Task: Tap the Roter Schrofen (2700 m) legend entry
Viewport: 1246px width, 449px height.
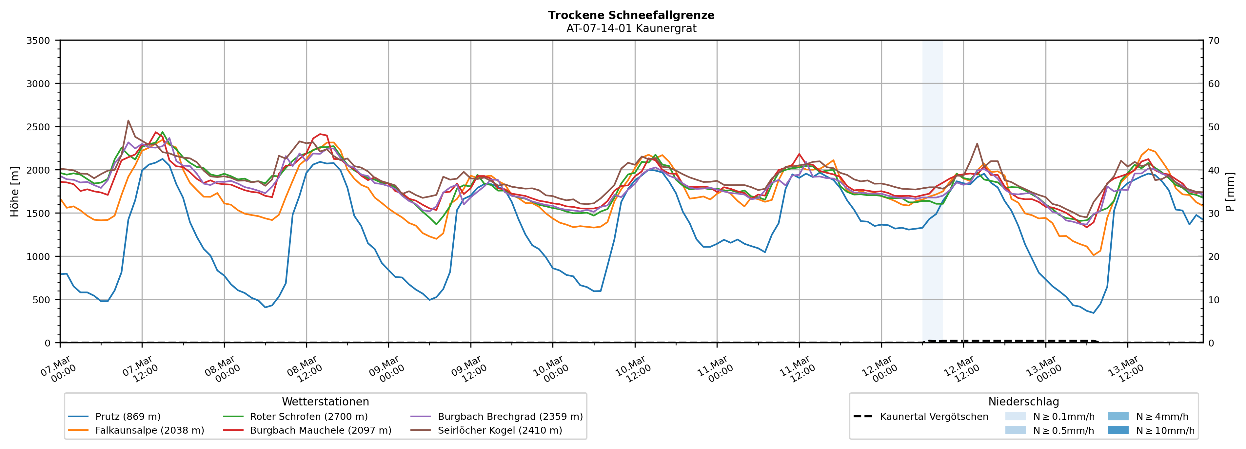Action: pyautogui.click(x=308, y=417)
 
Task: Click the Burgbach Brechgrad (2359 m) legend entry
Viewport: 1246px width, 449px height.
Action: pyautogui.click(x=510, y=417)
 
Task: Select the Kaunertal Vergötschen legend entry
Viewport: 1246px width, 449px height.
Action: pyautogui.click(x=934, y=417)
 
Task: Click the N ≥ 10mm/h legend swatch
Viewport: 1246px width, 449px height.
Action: pyautogui.click(x=1118, y=430)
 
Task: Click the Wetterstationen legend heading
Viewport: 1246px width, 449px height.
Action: pyautogui.click(x=325, y=402)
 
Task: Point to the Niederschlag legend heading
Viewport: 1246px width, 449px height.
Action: pyautogui.click(x=1023, y=402)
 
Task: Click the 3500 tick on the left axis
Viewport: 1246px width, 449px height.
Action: pyautogui.click(x=38, y=41)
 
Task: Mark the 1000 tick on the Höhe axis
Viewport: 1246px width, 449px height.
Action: pyautogui.click(x=38, y=257)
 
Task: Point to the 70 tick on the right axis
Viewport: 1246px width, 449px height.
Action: pyautogui.click(x=1214, y=41)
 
